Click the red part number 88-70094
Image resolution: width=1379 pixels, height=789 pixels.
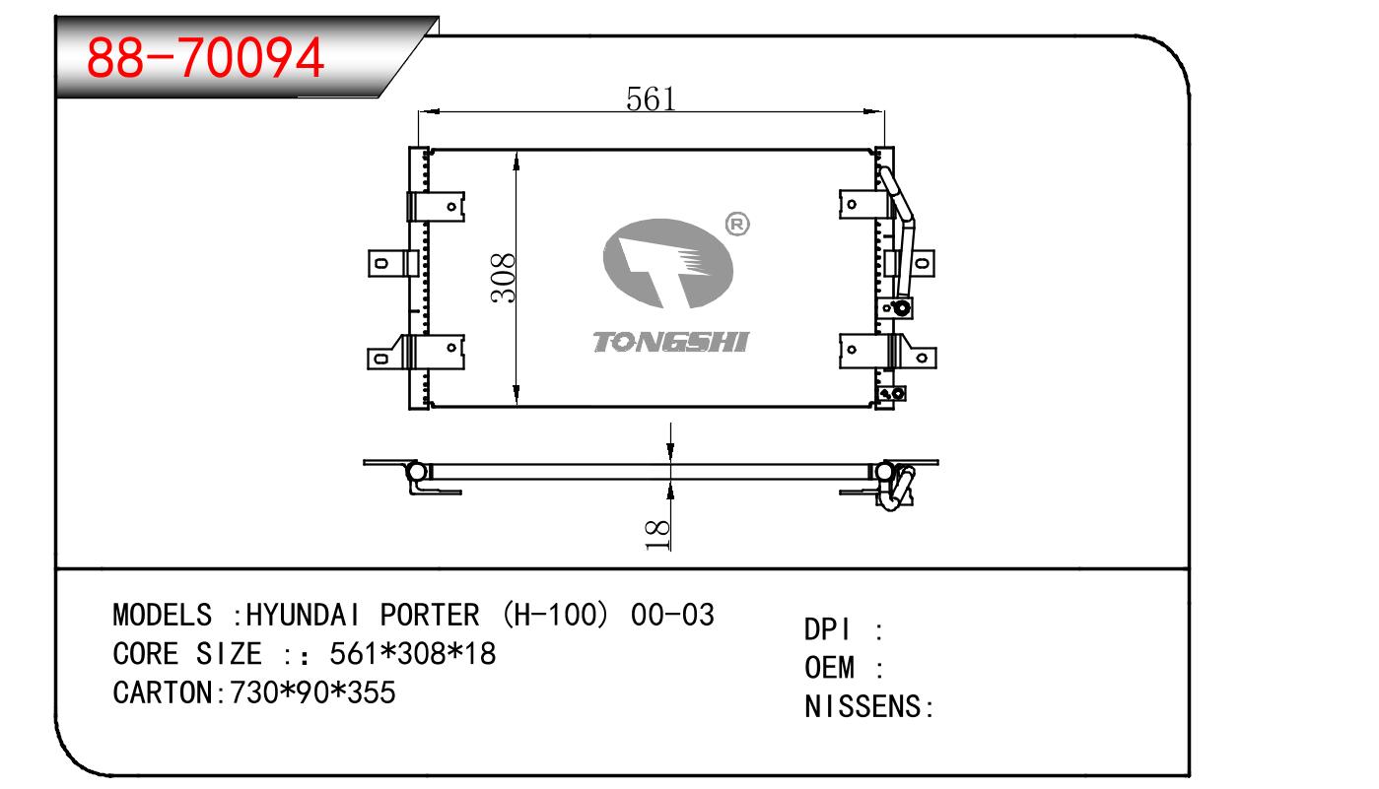click(x=205, y=59)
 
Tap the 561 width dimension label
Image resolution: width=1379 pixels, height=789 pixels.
click(x=651, y=99)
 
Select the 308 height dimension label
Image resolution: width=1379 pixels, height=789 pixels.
click(x=503, y=279)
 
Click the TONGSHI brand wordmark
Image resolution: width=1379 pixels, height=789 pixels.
click(x=670, y=342)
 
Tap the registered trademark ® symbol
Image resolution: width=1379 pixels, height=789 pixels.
click(x=736, y=225)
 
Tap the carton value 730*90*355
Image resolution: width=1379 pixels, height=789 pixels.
click(x=312, y=692)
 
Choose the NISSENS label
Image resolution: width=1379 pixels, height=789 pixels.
click(x=862, y=707)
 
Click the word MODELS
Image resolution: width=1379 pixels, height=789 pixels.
click(x=162, y=616)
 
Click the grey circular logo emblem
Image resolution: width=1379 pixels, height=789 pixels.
click(x=667, y=263)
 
